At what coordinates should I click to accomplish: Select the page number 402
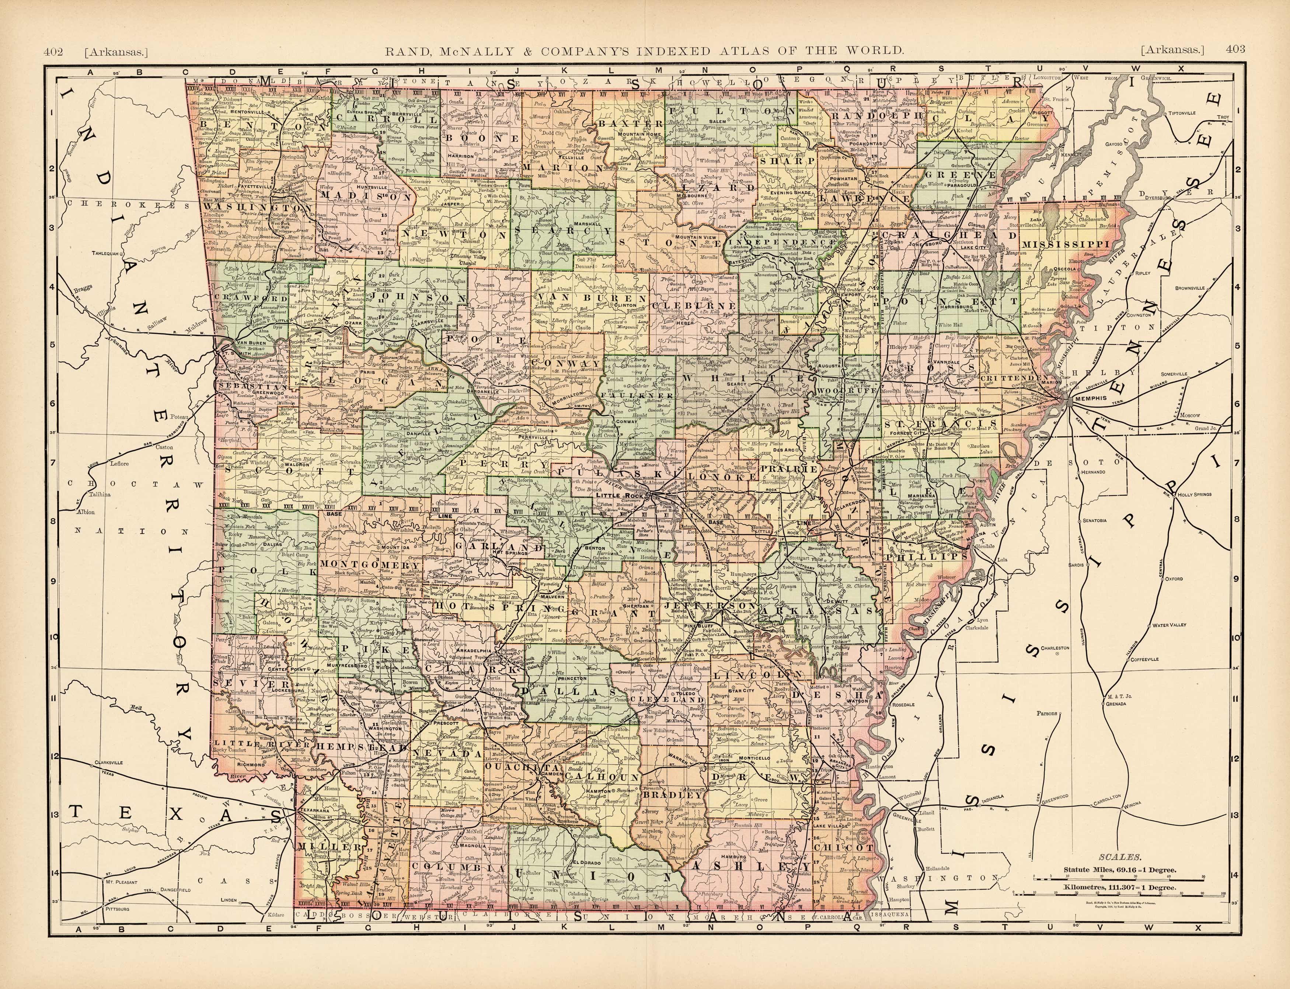click(53, 51)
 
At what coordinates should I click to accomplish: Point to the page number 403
click(1235, 49)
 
